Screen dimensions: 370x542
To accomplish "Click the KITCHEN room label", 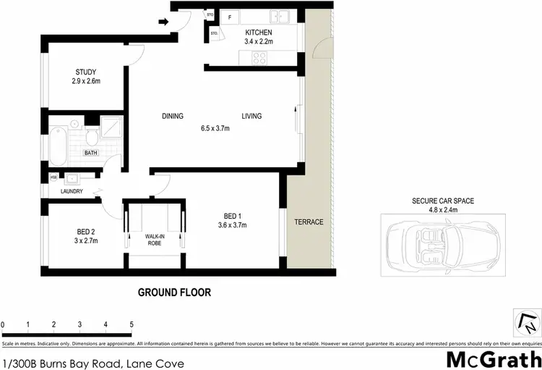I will click(x=258, y=33).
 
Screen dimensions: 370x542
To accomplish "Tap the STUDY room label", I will click(x=85, y=72).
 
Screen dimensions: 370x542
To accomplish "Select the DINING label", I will click(x=173, y=116).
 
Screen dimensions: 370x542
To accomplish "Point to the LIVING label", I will click(x=251, y=116).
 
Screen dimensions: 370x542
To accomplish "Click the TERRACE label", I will click(x=309, y=222).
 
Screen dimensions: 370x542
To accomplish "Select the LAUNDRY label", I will click(x=71, y=191).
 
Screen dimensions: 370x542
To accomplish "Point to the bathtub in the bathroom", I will click(x=58, y=144).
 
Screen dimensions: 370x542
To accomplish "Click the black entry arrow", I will click(x=163, y=22).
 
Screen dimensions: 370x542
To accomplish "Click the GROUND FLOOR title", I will click(x=174, y=293).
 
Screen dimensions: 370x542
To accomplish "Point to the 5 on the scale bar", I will click(x=132, y=324).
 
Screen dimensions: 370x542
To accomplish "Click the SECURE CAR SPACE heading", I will click(x=443, y=201).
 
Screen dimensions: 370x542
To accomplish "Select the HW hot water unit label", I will click(x=53, y=177).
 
